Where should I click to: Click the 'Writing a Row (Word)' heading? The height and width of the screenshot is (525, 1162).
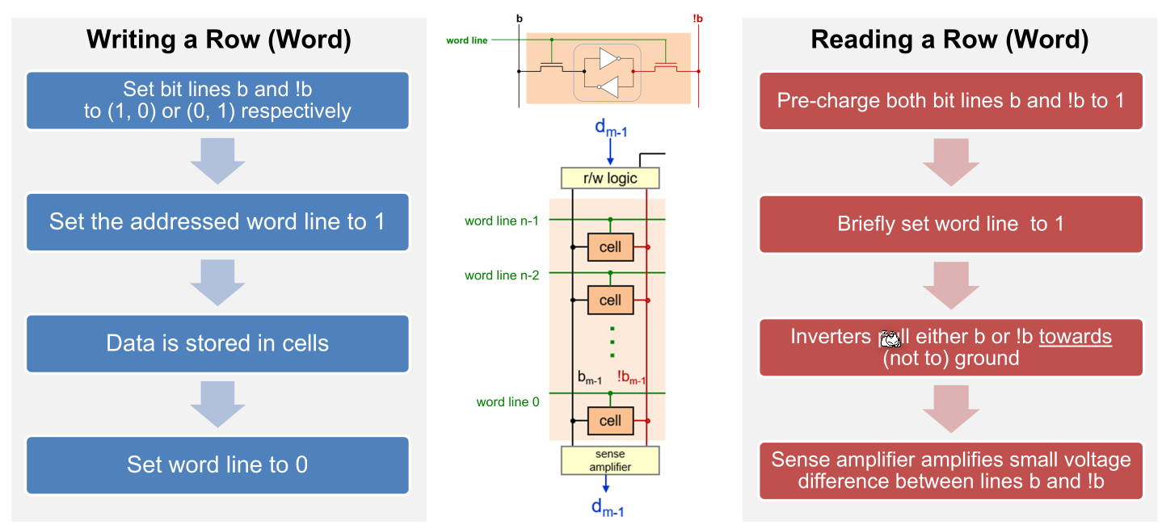point(218,40)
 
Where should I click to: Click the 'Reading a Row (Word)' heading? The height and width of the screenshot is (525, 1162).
point(949,40)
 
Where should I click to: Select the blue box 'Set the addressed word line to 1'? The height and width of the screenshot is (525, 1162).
point(217,221)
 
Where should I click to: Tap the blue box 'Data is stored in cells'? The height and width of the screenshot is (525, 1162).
point(217,343)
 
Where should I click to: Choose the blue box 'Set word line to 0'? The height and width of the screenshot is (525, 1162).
point(217,464)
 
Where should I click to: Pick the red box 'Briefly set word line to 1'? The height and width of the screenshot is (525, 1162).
point(950,224)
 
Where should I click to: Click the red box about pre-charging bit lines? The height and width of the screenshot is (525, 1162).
point(950,101)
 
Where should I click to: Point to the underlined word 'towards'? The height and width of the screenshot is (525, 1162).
point(1075,337)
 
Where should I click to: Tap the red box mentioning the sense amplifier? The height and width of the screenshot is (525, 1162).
point(950,471)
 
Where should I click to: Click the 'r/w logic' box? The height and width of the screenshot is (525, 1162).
point(610,178)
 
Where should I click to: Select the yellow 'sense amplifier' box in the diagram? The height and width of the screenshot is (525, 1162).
point(610,460)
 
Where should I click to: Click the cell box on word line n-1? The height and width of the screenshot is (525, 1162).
point(610,247)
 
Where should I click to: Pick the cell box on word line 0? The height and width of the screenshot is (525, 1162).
point(610,420)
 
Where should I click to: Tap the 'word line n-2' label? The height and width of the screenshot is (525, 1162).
point(501,275)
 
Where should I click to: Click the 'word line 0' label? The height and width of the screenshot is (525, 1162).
point(507,401)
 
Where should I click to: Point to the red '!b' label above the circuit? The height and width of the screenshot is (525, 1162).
point(697,18)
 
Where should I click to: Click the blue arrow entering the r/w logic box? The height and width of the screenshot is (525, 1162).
point(610,152)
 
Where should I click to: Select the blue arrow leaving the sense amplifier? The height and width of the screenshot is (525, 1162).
point(606,483)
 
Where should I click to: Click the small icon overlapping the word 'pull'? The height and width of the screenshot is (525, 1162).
point(889,338)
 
